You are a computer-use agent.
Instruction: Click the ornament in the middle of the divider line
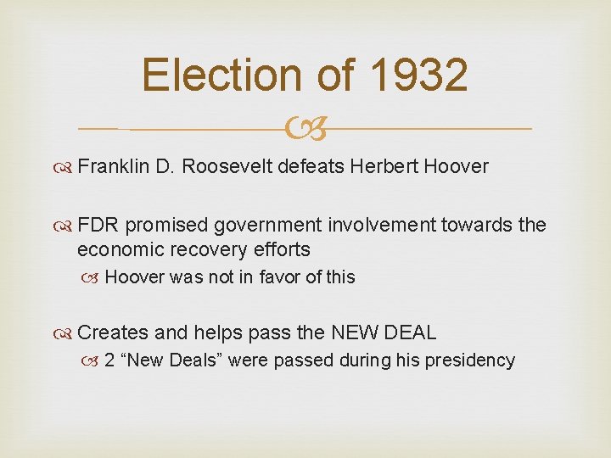[305, 130]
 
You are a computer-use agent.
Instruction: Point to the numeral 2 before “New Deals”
[109, 360]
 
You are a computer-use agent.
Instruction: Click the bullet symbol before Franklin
[65, 167]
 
